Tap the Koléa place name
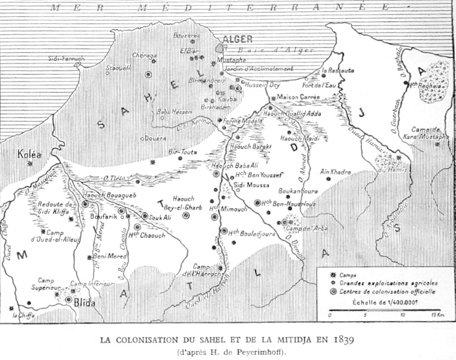point(30,154)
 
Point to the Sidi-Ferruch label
point(66,59)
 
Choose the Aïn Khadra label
point(334,172)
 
